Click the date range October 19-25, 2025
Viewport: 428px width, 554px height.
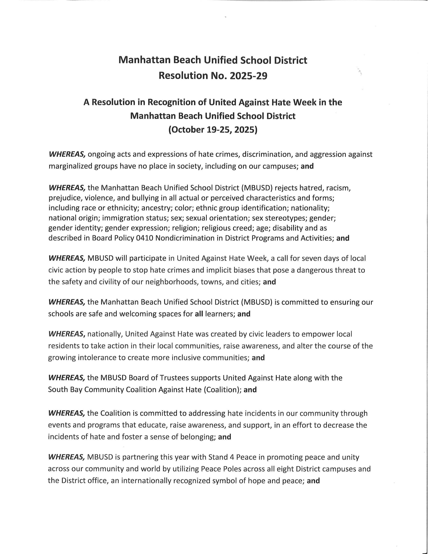coord(213,130)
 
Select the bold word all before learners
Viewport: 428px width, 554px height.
coord(199,314)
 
